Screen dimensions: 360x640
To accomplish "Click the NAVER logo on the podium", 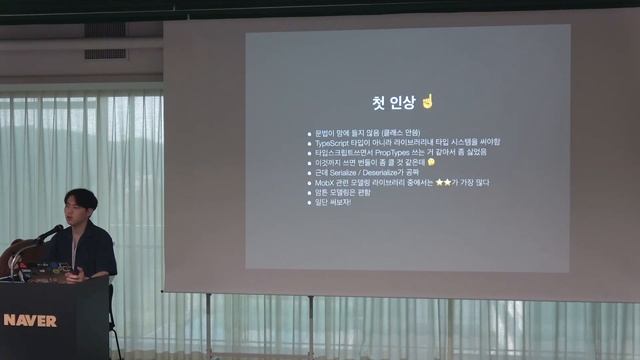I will point(30,321).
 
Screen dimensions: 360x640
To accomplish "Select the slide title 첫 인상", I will point(386,103).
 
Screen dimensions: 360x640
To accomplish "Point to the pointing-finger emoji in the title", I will point(428,102).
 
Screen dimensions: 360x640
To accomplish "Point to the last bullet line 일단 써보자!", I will point(334,202).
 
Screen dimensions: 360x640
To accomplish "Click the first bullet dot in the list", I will point(309,133).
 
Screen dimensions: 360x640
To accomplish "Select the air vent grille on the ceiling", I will point(105,54).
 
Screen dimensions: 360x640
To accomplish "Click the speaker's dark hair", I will point(79,197).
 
